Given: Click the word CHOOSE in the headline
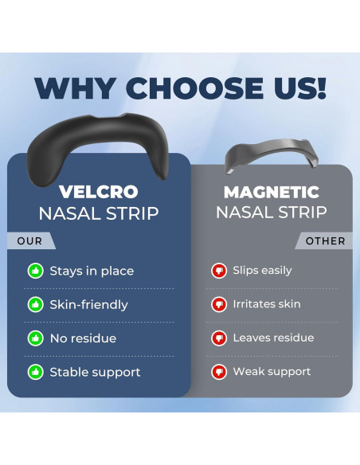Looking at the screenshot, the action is click(196, 88).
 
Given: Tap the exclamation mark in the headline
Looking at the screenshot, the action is click(322, 88).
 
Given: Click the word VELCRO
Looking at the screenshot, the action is click(99, 192).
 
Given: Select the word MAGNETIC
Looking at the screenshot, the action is click(272, 192).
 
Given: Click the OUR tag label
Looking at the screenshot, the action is click(29, 240).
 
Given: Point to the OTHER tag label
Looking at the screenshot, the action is click(325, 240).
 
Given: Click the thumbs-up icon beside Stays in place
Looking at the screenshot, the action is click(36, 271).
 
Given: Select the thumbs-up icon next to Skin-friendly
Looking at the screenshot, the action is click(36, 305).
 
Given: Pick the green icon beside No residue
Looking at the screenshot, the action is click(36, 338).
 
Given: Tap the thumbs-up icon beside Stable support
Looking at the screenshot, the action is click(36, 372).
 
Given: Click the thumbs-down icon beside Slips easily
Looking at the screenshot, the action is click(219, 271).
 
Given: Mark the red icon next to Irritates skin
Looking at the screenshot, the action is click(219, 304).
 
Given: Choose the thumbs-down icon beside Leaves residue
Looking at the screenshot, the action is click(219, 338).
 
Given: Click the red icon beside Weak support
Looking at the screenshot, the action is click(219, 372).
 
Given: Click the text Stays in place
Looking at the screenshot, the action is click(92, 272).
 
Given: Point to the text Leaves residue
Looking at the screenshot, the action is click(273, 338).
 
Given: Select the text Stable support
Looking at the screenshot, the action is click(95, 373).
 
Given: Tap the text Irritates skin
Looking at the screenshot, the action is click(267, 304).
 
